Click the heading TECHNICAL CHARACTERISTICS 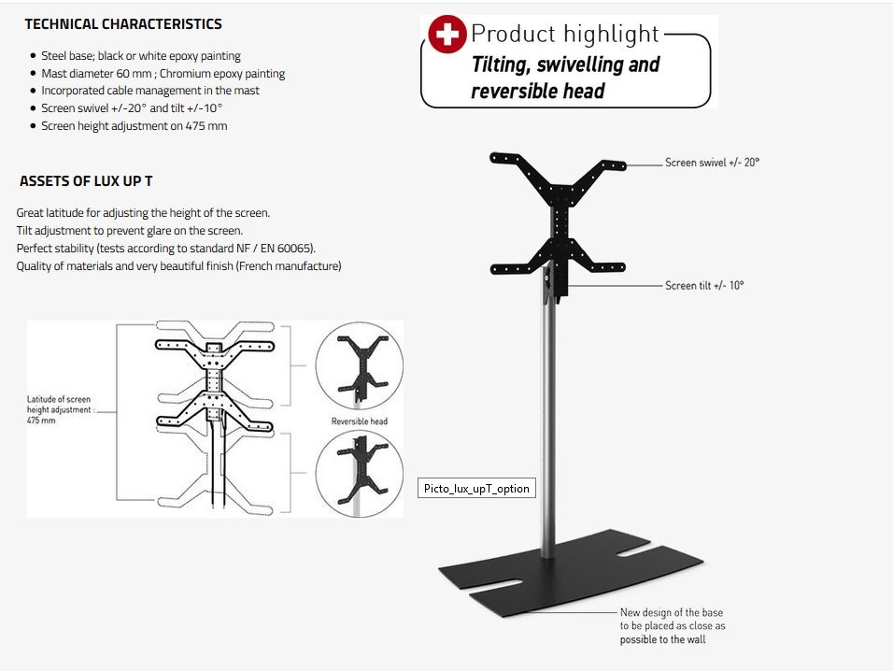click(x=123, y=24)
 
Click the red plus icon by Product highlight click(x=447, y=35)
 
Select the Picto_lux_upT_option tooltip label click(x=476, y=488)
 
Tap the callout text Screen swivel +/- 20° click(x=712, y=163)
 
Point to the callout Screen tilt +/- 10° click(x=704, y=285)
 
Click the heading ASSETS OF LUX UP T click(x=86, y=181)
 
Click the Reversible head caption click(x=360, y=421)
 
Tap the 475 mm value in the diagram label click(x=41, y=421)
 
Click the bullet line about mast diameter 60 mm click(x=163, y=74)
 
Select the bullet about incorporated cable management click(x=150, y=91)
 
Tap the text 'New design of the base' click(x=672, y=612)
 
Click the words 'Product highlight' click(x=565, y=34)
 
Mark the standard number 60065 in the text click(x=294, y=249)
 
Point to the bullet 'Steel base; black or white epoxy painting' click(x=141, y=56)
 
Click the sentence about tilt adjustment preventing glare click(x=130, y=231)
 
